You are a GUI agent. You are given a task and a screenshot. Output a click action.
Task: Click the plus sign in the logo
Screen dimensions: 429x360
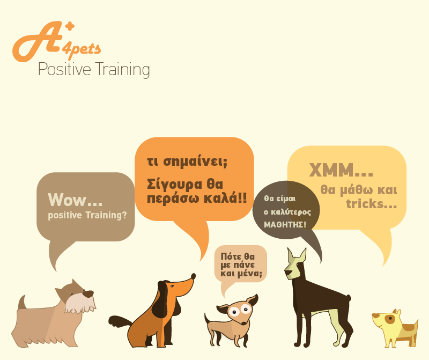[x=70, y=26]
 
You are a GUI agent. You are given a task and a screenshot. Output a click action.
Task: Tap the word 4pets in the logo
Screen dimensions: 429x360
[x=82, y=50]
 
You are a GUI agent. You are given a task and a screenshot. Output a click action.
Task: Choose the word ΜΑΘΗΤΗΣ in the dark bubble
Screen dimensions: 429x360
[x=285, y=225]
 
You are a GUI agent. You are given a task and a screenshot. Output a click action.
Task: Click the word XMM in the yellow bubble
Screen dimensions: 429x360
[x=331, y=170]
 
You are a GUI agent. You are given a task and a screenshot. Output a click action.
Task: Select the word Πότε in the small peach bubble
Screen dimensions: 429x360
[x=231, y=256]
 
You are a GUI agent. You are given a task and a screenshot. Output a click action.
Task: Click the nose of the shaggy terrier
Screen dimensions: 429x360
[x=88, y=295]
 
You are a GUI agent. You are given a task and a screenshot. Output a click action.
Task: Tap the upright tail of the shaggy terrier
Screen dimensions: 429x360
[x=22, y=302]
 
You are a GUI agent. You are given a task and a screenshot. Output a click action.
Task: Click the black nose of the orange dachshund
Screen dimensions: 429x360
[x=193, y=276]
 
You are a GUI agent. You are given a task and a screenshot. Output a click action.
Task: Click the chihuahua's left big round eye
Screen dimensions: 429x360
[x=234, y=312]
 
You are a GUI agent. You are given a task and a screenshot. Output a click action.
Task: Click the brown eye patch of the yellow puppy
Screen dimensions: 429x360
[x=390, y=319]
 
